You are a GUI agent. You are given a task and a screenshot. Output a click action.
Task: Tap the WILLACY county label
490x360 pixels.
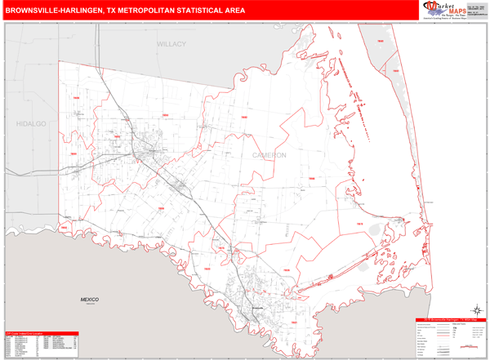pyautogui.click(x=172, y=44)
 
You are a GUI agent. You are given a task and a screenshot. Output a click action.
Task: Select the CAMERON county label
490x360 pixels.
pyautogui.click(x=269, y=154)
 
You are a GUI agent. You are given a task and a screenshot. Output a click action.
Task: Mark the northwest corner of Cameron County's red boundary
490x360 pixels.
pyautogui.click(x=59, y=62)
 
